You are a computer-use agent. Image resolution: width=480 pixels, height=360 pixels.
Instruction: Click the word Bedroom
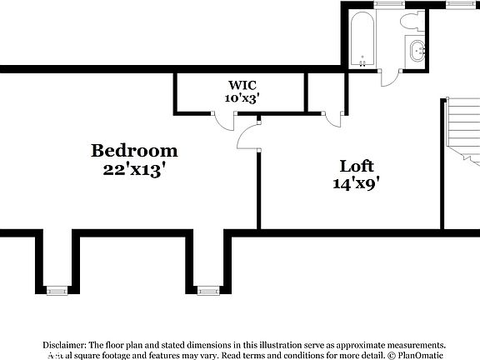(x=134, y=151)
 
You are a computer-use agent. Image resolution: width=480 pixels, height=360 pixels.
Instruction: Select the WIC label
(x=242, y=84)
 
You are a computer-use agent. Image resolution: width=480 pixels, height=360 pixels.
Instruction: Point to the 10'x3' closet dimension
(x=242, y=97)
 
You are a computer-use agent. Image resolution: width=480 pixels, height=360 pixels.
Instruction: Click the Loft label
(x=357, y=165)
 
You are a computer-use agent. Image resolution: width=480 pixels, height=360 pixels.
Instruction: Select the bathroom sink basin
(x=416, y=49)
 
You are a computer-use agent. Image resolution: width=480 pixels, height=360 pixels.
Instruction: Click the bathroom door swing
(x=389, y=77)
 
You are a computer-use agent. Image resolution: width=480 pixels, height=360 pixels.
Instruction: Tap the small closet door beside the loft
(x=334, y=119)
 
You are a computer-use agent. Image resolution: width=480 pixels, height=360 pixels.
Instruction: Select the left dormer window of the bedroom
(x=57, y=290)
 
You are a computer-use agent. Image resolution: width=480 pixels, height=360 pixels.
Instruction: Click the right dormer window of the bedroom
(x=207, y=290)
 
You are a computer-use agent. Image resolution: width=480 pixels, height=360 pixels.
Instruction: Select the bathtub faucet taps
(x=362, y=60)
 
